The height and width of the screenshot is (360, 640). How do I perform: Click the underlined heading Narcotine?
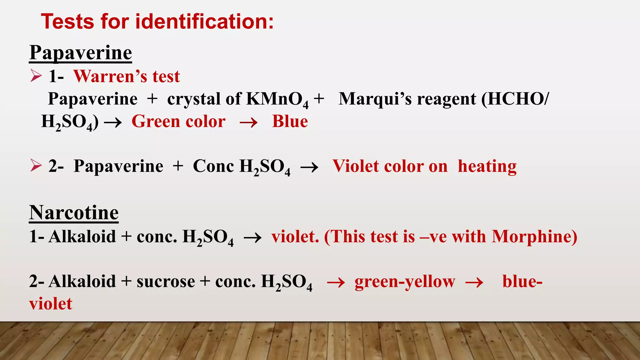coord(74,213)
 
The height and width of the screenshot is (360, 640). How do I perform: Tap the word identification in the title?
coord(204,22)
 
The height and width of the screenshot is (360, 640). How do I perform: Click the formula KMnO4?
coord(277,99)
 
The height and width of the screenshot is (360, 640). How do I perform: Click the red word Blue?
coord(290,122)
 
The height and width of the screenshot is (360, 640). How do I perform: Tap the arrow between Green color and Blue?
coord(248,122)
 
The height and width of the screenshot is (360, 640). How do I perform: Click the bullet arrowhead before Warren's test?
coord(36,76)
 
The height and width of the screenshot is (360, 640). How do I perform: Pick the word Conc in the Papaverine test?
coord(213,166)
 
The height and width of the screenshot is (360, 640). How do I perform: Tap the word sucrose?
coord(166,281)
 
